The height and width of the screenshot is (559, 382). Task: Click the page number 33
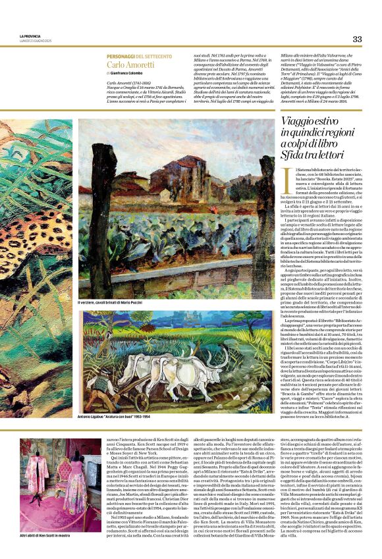[357, 39]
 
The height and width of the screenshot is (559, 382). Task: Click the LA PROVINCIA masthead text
[30, 37]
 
